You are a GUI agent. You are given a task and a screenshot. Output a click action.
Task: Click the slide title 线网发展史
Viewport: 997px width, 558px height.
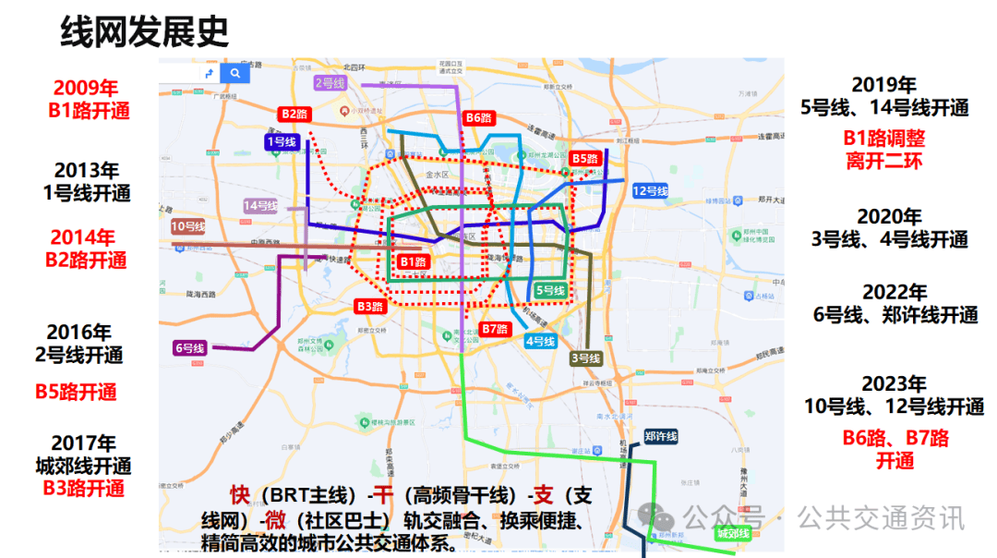tap(144, 31)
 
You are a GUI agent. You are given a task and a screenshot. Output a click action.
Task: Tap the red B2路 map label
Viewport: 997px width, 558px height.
tap(294, 114)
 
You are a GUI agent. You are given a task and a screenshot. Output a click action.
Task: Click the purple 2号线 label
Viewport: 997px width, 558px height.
tap(330, 82)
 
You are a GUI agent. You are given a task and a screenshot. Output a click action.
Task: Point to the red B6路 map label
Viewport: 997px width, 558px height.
tap(479, 117)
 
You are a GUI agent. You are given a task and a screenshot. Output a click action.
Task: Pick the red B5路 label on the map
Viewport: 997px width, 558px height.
tap(585, 158)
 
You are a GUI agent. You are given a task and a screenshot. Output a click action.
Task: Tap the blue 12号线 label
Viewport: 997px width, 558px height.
tap(650, 191)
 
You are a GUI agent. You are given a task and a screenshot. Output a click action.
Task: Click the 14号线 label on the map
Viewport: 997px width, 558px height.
tap(261, 205)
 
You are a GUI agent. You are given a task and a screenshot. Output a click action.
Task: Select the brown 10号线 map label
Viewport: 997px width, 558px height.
tap(188, 226)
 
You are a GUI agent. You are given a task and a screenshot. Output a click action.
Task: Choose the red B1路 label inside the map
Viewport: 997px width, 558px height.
tap(414, 261)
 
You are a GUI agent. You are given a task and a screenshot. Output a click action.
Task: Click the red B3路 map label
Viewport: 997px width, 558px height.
tap(369, 306)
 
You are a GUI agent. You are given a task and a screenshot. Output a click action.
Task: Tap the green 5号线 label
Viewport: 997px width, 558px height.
tap(550, 290)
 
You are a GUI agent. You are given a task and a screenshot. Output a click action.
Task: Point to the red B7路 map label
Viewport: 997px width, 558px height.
tap(495, 329)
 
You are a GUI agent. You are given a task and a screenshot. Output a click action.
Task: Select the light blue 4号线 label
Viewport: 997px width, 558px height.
tap(540, 341)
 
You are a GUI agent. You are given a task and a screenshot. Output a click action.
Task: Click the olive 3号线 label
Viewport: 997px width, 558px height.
tap(585, 358)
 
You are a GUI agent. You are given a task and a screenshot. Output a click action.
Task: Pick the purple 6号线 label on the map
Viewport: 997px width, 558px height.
tap(189, 348)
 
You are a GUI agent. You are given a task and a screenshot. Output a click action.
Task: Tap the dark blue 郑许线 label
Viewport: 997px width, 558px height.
tap(661, 436)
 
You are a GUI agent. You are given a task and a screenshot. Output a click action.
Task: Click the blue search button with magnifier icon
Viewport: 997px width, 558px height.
tap(235, 73)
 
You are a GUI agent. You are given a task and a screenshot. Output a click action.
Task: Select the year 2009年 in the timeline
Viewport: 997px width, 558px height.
tap(86, 89)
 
